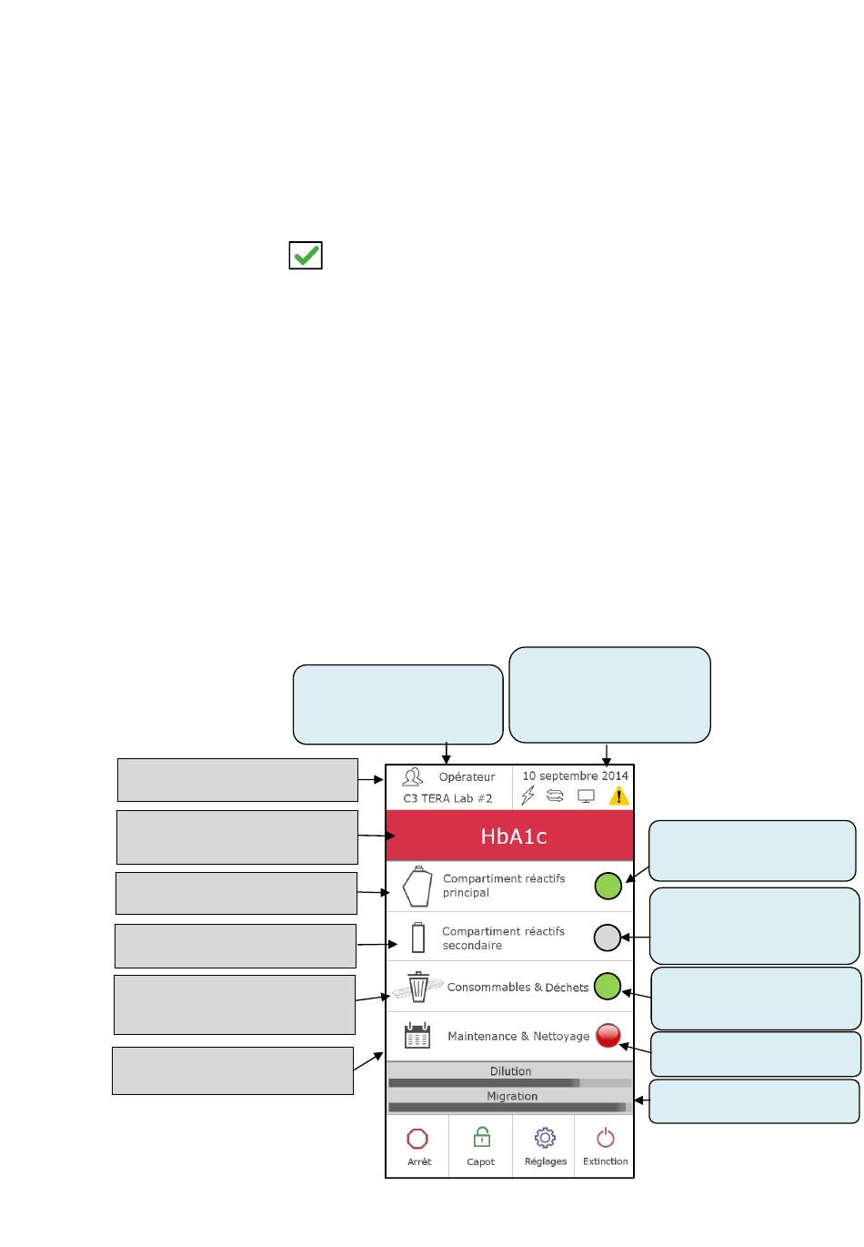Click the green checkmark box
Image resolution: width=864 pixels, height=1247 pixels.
point(306,256)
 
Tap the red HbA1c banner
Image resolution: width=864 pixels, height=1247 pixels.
point(509,836)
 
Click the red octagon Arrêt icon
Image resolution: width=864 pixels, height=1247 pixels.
point(417,1139)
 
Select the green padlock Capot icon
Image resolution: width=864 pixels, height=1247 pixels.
point(481,1137)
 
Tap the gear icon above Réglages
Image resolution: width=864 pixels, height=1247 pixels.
point(545,1138)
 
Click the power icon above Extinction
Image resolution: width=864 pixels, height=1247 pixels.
point(606,1138)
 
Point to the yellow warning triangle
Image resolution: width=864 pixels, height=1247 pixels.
point(618,796)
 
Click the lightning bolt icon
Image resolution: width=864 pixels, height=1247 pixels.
point(527,796)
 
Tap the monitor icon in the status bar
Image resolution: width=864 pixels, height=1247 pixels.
point(587,796)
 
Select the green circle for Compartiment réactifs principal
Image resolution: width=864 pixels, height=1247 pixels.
point(608,885)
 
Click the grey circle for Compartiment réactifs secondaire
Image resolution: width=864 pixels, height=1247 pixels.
point(607,937)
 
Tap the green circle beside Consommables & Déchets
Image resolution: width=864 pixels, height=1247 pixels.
point(607,986)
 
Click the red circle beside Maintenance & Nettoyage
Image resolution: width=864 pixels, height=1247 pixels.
point(608,1035)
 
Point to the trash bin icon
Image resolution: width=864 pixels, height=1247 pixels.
point(418,987)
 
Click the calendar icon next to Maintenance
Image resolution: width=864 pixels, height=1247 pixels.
point(417,1036)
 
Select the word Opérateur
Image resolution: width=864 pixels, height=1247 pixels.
point(467,777)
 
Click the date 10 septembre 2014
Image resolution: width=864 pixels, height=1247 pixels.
point(575,776)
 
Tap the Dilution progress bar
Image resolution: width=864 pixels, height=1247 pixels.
point(509,1083)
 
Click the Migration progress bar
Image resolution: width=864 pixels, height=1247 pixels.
point(509,1108)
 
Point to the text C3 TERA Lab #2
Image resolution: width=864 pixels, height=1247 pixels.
point(447,798)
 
